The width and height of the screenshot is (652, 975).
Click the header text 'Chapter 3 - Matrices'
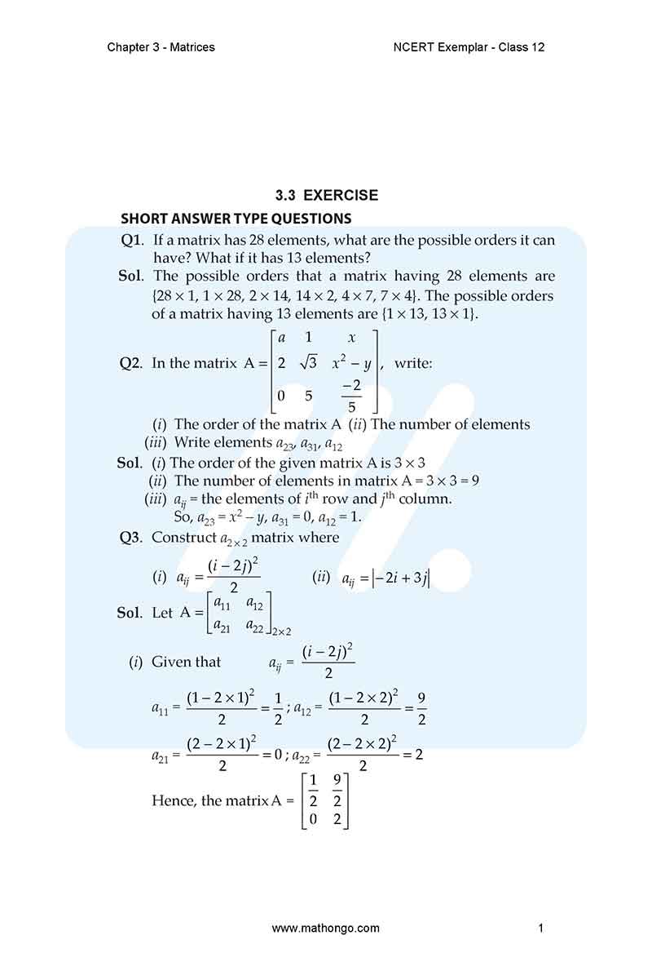(x=161, y=47)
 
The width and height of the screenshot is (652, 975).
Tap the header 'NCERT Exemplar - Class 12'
(x=468, y=47)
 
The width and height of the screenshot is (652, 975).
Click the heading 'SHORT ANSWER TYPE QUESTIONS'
(x=236, y=219)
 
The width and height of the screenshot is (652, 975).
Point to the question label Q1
(x=131, y=240)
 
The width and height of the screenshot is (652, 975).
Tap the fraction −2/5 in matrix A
(x=351, y=397)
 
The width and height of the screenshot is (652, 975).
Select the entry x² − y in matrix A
(x=351, y=363)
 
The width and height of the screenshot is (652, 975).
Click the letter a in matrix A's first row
(x=281, y=337)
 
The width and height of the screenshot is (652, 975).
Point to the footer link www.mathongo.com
(x=325, y=928)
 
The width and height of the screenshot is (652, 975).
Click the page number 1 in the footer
(x=540, y=928)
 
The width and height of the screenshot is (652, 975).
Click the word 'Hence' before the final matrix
(x=173, y=800)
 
